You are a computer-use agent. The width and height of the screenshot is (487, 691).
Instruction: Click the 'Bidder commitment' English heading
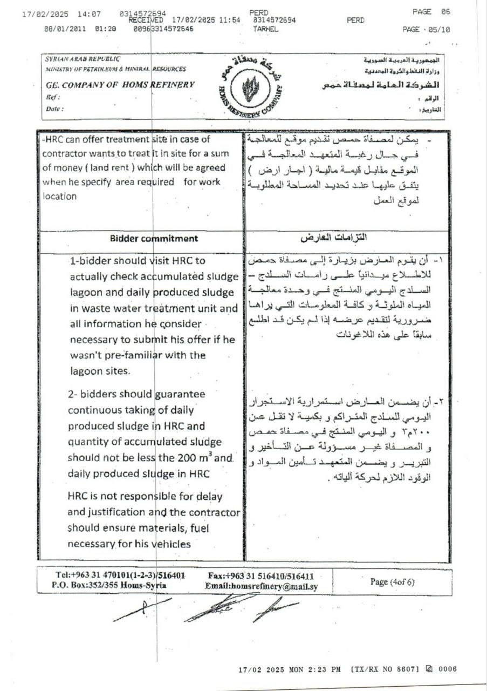(154, 238)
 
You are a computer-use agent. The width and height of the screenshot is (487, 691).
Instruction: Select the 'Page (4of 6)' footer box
(392, 581)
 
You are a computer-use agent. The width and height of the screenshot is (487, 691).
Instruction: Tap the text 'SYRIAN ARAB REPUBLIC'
(83, 59)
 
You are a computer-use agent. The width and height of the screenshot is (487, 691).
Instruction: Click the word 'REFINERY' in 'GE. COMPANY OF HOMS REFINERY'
(171, 85)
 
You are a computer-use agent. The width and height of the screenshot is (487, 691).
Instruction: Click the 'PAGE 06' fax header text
(431, 11)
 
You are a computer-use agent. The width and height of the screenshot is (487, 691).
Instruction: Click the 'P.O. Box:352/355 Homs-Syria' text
(109, 586)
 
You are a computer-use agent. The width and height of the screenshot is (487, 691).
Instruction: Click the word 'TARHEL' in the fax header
(265, 29)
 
